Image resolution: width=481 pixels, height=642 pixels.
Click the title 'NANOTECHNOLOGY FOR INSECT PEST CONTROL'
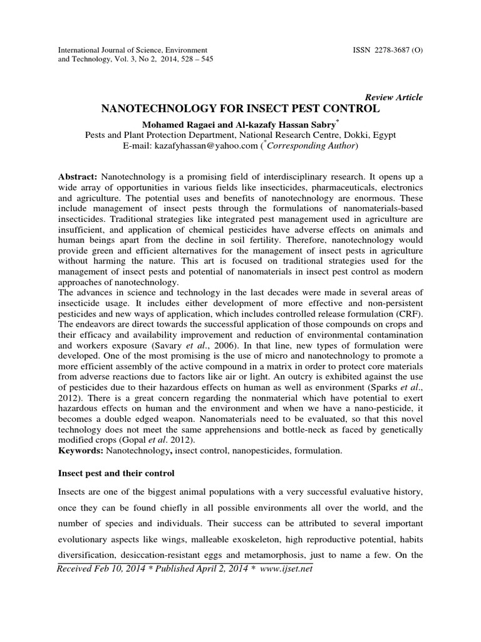(x=240, y=109)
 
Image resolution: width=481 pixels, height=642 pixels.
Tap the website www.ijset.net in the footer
(x=286, y=568)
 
